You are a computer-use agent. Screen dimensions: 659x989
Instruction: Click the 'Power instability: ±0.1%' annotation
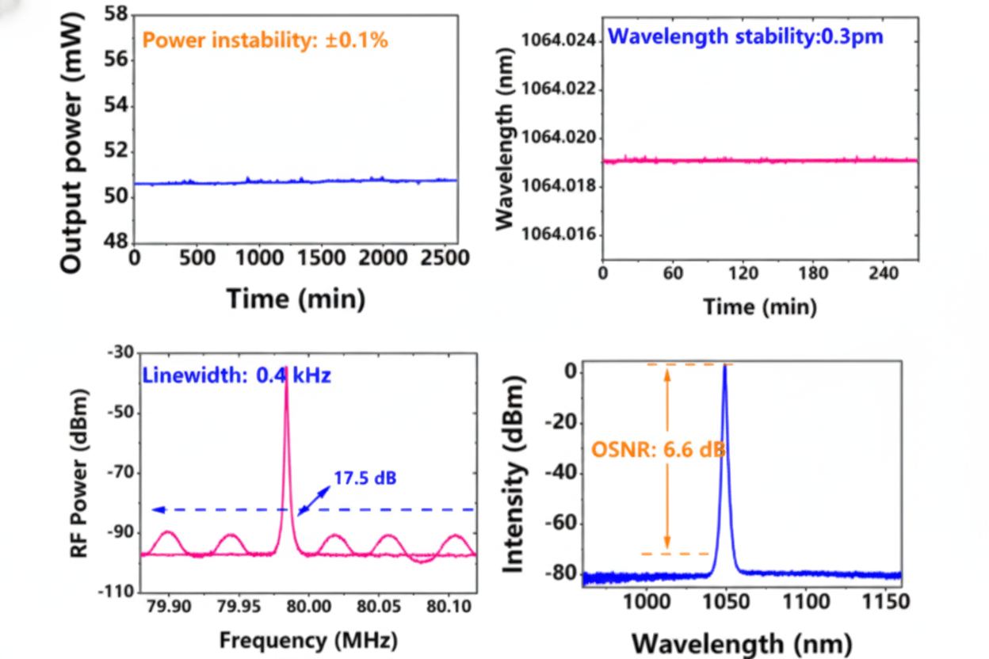tap(265, 40)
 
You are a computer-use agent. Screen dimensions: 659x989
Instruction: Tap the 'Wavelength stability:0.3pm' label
tap(745, 36)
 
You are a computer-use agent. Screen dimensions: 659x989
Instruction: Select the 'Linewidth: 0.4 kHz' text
tap(237, 375)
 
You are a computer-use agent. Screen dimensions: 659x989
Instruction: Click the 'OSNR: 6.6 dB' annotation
tap(658, 450)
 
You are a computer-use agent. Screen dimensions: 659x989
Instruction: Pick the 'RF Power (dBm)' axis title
tap(79, 472)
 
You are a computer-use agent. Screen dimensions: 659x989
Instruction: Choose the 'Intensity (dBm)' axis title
tap(515, 473)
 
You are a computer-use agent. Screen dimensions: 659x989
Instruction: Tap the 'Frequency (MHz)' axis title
tap(308, 639)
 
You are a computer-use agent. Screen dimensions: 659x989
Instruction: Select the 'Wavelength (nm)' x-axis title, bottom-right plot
tap(742, 642)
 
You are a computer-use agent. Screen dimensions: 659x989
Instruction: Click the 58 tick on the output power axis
tap(116, 14)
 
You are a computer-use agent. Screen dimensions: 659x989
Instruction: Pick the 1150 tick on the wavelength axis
tap(884, 601)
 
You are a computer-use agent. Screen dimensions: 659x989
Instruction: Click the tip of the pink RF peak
tap(286, 368)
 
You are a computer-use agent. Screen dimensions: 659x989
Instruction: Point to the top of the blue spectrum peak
tap(724, 365)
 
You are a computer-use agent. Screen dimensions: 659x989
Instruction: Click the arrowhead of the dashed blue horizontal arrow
tap(156, 509)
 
